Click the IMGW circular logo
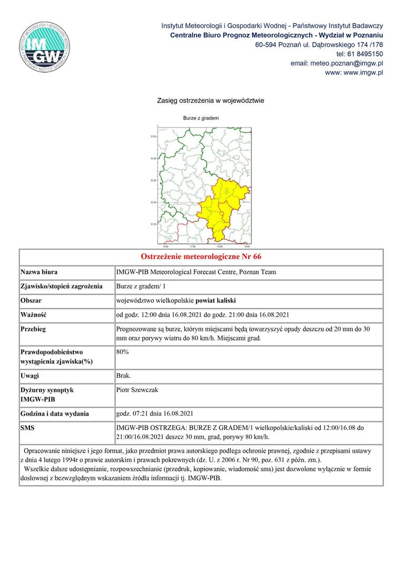(44, 46)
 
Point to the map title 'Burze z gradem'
(201, 118)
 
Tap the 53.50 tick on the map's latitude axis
(153, 137)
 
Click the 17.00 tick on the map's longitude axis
(192, 246)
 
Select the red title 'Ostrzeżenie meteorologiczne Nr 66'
(201, 257)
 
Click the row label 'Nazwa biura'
(39, 272)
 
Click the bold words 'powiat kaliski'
(217, 301)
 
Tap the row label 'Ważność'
(34, 315)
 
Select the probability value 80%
(122, 351)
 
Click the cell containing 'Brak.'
(124, 376)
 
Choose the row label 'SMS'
(27, 428)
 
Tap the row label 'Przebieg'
(33, 329)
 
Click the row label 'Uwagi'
(30, 376)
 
